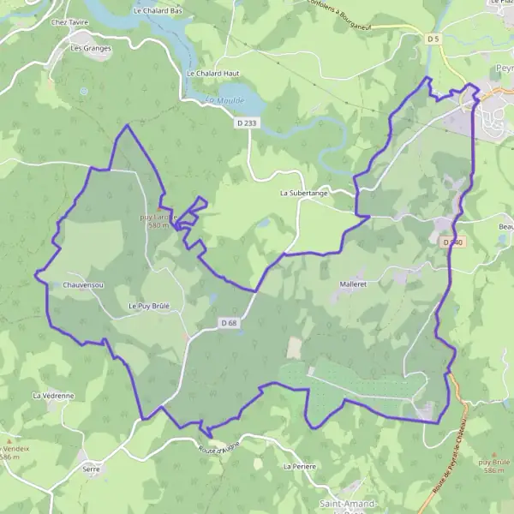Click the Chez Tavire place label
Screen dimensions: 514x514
[x=70, y=22]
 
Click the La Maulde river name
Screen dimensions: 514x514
[x=224, y=101]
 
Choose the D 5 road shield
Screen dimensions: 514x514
[x=433, y=39]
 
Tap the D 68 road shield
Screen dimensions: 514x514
[x=227, y=322]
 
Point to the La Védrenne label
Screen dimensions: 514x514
[x=52, y=396]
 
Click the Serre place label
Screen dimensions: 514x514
[x=92, y=469]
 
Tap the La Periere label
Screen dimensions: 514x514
[x=300, y=467]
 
